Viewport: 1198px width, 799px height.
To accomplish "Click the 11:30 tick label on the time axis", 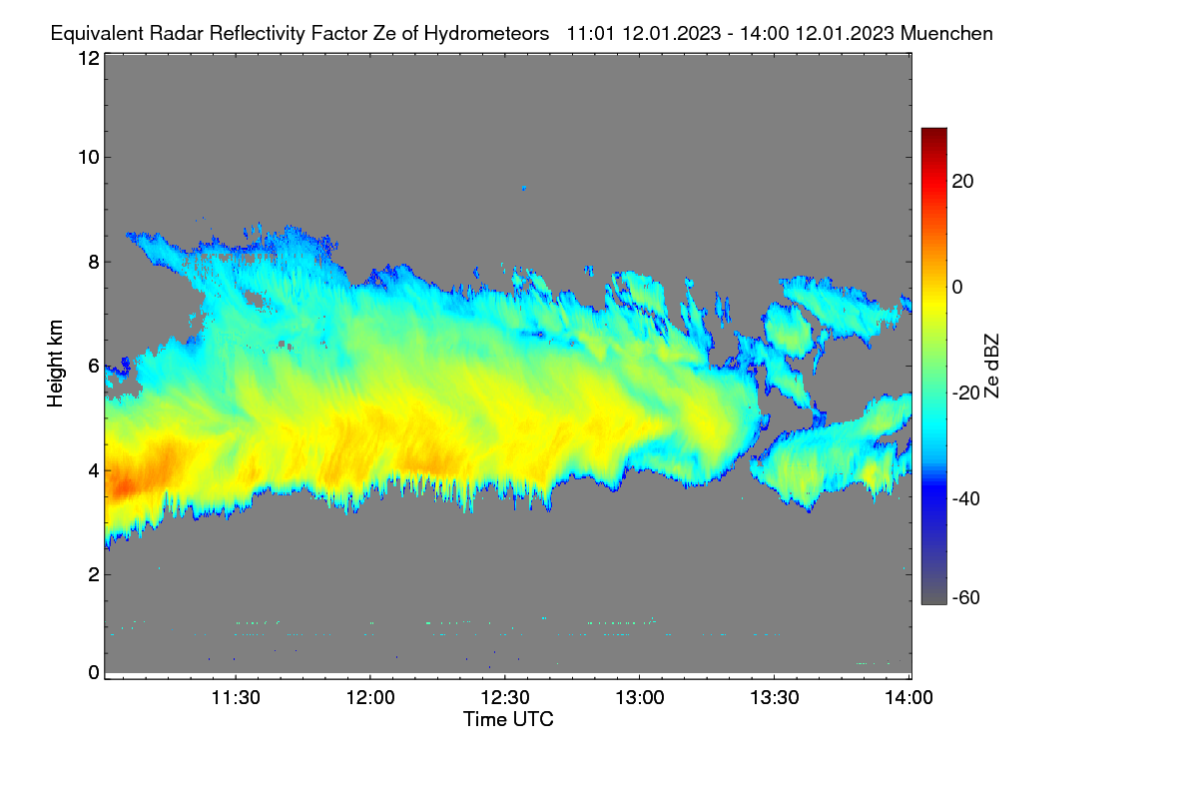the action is click(x=236, y=698).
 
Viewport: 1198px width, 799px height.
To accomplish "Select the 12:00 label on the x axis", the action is click(x=370, y=698).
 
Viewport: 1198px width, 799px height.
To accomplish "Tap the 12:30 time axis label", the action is click(x=505, y=698).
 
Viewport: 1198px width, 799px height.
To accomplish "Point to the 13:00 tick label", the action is click(x=640, y=698).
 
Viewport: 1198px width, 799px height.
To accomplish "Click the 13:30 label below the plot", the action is click(x=775, y=698).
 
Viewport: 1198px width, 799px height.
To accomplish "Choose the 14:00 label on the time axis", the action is click(x=908, y=698).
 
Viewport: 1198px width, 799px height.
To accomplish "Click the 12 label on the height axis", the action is click(x=89, y=58).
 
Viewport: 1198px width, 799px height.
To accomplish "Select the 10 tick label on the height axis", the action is click(x=89, y=158).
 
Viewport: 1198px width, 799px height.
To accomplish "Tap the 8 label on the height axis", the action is click(x=94, y=263).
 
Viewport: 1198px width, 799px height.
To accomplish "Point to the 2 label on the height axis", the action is click(x=94, y=574).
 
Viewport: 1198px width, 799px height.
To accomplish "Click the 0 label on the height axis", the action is click(x=94, y=673).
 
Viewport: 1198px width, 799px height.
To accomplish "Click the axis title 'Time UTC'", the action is click(x=508, y=720).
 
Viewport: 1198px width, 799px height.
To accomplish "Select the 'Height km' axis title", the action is click(x=55, y=364).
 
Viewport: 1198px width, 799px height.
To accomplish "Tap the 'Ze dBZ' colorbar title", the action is click(x=991, y=366).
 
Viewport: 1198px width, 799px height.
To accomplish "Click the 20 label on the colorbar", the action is click(x=962, y=182).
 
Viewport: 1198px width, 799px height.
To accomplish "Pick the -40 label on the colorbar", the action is click(x=966, y=498).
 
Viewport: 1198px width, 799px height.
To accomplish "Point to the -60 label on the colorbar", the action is click(x=966, y=598).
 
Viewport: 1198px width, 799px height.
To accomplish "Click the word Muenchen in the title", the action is click(x=946, y=34).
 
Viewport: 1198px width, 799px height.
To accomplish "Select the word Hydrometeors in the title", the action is click(x=486, y=34).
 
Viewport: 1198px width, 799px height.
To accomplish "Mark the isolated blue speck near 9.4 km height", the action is click(x=524, y=189).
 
